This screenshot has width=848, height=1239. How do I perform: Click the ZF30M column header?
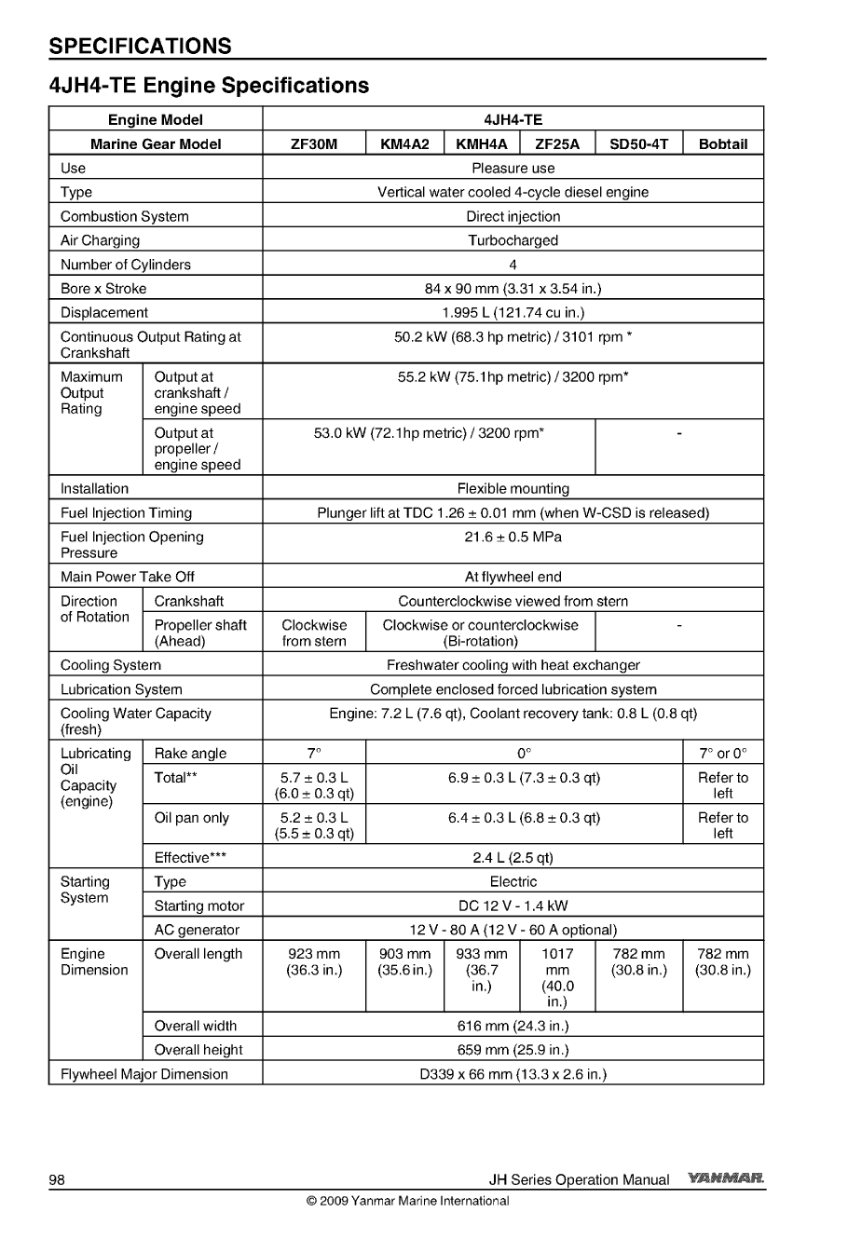pos(314,143)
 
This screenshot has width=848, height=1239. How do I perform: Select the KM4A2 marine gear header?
pos(405,143)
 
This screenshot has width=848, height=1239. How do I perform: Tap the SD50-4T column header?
pos(638,143)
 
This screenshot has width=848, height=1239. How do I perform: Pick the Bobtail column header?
pos(722,143)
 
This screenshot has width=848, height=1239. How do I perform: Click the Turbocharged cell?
pos(513,240)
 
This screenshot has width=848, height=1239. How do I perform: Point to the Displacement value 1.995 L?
pos(513,313)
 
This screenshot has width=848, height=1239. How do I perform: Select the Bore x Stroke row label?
pos(103,289)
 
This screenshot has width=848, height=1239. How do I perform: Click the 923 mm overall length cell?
pos(314,961)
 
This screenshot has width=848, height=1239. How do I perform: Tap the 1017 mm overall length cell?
pos(557,977)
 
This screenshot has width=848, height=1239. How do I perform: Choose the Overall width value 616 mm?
pos(513,1026)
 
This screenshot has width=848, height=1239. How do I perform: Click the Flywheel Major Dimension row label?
pos(144,1074)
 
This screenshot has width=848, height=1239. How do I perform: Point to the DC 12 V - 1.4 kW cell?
pos(513,905)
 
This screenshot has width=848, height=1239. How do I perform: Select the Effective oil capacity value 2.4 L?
pos(513,858)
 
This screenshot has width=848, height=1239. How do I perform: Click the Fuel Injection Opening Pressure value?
pos(513,538)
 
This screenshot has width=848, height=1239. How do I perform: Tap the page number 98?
pos(57,1180)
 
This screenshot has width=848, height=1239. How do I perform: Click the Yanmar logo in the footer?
pos(726,1179)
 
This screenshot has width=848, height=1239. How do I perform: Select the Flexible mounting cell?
pos(513,489)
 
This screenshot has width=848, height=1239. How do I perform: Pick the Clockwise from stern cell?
pos(314,633)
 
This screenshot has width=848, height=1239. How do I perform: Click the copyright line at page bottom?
pos(407,1201)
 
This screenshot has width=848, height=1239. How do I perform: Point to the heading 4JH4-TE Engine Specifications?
pos(210,86)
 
